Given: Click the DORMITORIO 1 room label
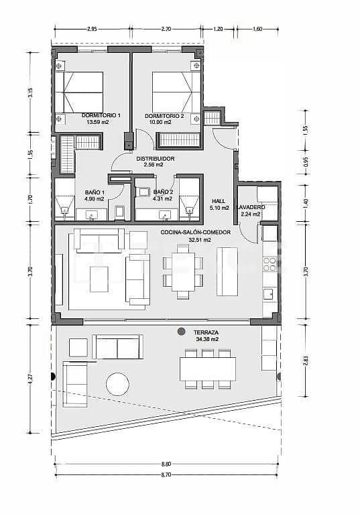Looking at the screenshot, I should [x=101, y=116].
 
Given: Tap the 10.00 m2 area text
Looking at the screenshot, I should [x=164, y=123].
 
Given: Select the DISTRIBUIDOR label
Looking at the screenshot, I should [x=155, y=159].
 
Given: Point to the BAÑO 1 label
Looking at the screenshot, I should [x=94, y=192].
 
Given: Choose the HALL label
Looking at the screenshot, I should [x=219, y=200].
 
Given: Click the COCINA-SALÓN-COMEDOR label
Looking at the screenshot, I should [x=186, y=232].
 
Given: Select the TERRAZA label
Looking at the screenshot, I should [x=205, y=332].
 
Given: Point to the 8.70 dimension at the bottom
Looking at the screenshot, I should [x=166, y=474].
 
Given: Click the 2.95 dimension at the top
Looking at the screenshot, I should [x=92, y=29].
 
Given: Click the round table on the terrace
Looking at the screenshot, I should [x=117, y=384].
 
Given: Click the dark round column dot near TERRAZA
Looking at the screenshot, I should [x=181, y=332].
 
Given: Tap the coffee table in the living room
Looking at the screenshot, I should [x=100, y=279].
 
